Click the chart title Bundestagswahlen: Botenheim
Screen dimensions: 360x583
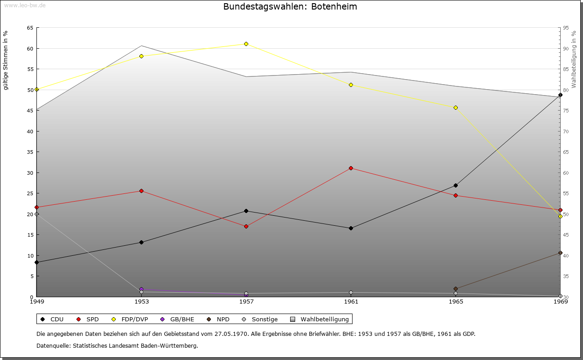click(x=290, y=7)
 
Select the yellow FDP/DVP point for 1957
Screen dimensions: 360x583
click(x=246, y=44)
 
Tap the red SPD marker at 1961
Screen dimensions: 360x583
click(x=351, y=168)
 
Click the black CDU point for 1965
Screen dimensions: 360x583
click(x=455, y=185)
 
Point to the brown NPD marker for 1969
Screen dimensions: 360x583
click(x=560, y=253)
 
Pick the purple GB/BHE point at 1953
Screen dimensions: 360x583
click(x=141, y=289)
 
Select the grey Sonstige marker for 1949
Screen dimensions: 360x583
click(x=36, y=214)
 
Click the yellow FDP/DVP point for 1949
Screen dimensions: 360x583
click(x=36, y=90)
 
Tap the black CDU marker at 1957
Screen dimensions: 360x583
click(x=246, y=211)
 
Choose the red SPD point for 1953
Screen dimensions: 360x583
click(x=141, y=191)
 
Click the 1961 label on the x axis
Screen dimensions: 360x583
click(x=351, y=302)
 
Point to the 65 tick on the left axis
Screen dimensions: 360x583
click(x=30, y=28)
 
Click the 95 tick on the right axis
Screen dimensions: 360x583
click(x=566, y=28)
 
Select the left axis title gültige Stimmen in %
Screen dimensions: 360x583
click(x=6, y=60)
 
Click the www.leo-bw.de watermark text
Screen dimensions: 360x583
click(x=24, y=5)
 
